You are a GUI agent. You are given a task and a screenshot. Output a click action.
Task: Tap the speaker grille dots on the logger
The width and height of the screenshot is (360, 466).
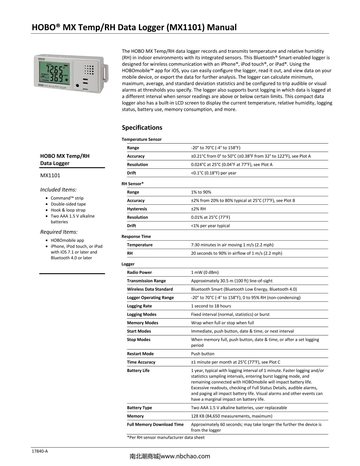click(89, 70)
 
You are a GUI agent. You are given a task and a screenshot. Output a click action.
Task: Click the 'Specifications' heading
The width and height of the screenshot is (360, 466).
click(142, 127)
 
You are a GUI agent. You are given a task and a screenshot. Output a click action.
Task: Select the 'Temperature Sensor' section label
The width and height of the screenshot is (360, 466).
click(142, 139)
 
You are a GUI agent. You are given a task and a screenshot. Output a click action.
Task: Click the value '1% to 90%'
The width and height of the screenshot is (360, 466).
click(201, 192)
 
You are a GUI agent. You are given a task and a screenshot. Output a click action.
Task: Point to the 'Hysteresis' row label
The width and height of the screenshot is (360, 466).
click(137, 209)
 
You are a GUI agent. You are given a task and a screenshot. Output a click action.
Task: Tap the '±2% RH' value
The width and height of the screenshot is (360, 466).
click(198, 209)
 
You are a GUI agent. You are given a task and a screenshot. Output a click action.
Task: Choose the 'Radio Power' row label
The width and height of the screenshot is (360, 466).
click(139, 272)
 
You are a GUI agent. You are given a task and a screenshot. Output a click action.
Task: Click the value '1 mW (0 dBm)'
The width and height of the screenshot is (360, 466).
click(205, 272)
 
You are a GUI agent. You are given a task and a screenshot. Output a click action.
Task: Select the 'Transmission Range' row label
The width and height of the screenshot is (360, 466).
click(146, 281)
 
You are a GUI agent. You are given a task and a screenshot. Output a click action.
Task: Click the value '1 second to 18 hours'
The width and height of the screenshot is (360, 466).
click(211, 306)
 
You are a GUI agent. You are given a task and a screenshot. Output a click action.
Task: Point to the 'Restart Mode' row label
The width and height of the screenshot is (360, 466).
click(140, 354)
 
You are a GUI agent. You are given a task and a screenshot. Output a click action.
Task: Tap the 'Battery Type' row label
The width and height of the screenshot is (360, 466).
click(139, 408)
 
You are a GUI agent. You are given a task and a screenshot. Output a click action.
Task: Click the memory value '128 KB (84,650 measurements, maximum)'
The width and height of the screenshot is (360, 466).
click(232, 416)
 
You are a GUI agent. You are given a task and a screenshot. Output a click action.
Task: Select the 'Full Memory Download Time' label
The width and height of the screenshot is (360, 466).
click(155, 425)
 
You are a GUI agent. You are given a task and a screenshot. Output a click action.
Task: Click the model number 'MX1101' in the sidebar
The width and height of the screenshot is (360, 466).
click(50, 175)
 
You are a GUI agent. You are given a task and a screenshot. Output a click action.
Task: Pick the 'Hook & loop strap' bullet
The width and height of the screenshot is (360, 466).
click(68, 210)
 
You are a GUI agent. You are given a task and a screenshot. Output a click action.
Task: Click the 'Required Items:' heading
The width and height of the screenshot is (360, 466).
click(59, 232)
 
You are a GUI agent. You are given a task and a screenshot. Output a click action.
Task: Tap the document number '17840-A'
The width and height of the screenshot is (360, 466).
click(40, 451)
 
